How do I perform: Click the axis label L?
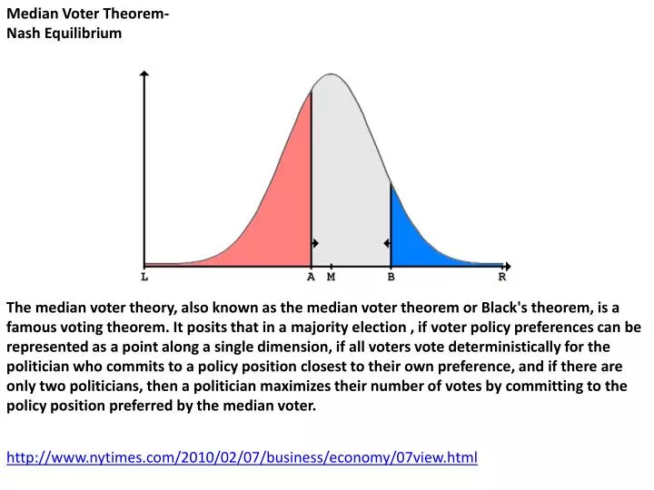point(145,277)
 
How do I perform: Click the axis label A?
point(311,277)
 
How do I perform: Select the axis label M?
point(331,277)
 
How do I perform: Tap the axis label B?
point(391,277)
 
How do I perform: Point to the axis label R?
point(501,277)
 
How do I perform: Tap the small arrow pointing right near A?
point(315,243)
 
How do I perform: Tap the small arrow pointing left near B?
point(386,243)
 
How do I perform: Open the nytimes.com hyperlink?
point(242,457)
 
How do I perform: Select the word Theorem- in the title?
point(133,14)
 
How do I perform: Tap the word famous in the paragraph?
point(33,328)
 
